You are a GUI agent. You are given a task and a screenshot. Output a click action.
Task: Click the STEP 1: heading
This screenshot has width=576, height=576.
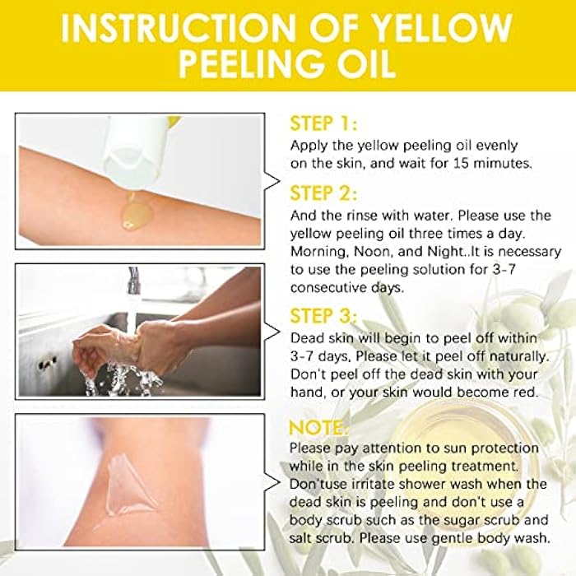point(323,124)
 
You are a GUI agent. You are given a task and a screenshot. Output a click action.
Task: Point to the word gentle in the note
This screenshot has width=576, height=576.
point(447,538)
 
